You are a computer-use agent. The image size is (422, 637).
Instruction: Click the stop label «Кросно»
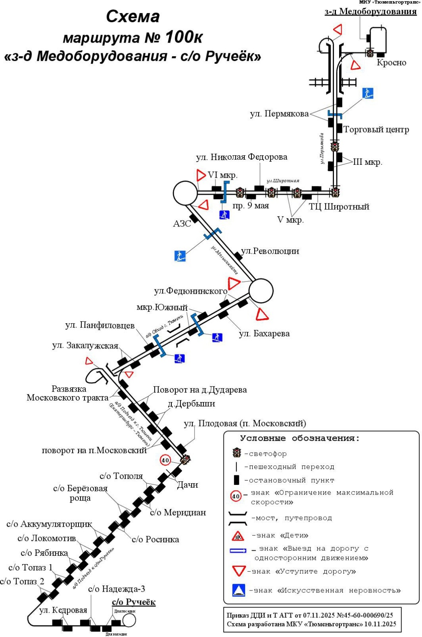391,63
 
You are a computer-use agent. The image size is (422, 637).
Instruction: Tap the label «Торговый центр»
376,129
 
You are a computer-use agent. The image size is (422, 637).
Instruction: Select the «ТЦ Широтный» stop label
339,207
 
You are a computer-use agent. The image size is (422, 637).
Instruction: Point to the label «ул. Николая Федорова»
241,157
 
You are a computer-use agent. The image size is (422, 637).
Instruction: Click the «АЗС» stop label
182,224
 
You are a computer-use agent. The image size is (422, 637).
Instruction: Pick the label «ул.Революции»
270,251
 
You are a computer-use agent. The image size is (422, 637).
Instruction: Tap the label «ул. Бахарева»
264,334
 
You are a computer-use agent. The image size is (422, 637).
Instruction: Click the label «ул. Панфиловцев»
100,325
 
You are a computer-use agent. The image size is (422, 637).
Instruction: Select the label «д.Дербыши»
191,404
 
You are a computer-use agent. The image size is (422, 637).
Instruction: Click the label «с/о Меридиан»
178,512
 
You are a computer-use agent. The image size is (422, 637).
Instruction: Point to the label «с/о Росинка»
155,539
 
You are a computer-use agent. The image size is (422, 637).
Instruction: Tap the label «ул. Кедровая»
63,610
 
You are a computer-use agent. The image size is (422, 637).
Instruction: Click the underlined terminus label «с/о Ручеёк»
133,602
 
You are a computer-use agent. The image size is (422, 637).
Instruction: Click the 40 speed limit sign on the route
165,460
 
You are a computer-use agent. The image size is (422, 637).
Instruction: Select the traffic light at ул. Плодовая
185,459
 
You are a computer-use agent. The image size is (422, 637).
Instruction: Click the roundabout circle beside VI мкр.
185,193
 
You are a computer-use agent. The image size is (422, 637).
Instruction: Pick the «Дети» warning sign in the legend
238,535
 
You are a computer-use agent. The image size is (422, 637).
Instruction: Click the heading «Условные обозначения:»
300,438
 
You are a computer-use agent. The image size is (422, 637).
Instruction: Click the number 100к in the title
183,37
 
